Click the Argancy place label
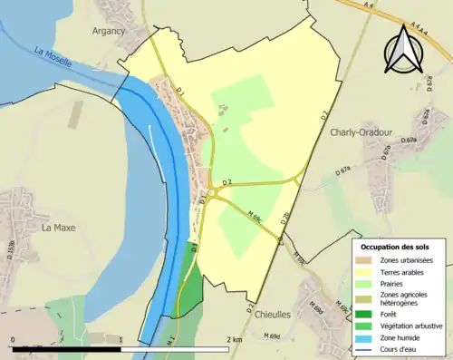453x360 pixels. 108,31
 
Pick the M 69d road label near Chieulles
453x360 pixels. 271,336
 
